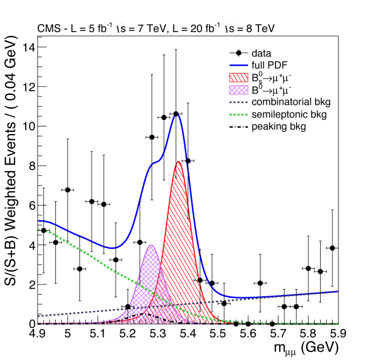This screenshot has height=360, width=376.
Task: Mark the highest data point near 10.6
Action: click(x=176, y=114)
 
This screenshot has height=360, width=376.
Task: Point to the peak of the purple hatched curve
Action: click(x=151, y=245)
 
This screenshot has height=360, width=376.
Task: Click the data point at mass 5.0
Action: click(x=68, y=190)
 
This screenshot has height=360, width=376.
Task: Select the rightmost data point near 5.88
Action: click(x=332, y=248)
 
